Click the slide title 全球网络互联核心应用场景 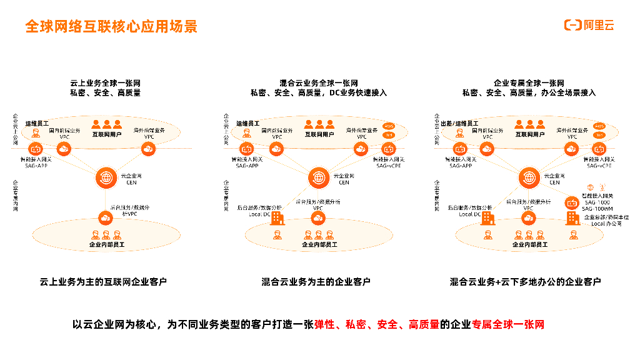111,26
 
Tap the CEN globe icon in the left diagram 106,177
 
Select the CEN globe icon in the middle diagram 317,177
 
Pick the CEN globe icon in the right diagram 528,177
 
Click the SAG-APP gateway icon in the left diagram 34,149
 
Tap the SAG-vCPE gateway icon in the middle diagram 388,149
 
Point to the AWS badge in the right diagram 599,126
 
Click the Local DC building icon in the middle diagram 276,218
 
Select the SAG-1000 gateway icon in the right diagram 571,202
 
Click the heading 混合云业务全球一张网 319,83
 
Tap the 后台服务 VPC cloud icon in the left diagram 105,217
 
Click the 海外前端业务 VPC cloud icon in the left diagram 148,149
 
